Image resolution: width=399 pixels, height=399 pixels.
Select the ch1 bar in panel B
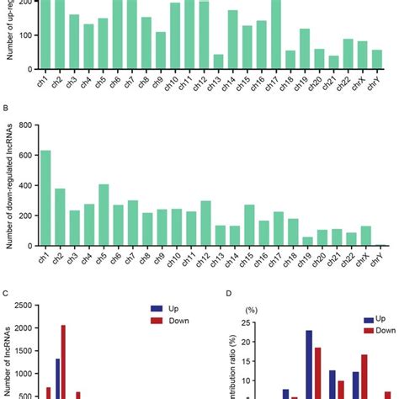coord(46,198)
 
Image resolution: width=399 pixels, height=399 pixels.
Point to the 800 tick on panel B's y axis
coord(31,125)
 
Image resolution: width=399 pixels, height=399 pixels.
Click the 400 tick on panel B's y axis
coord(31,185)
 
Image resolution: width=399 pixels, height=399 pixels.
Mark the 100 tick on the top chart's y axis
coord(31,35)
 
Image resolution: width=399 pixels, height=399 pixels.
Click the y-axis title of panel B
coord(11,186)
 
